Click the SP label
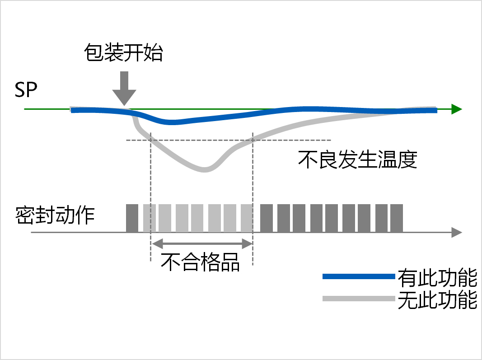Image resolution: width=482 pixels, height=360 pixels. pos(26,90)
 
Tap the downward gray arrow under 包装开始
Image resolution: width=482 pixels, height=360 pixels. pos(124,89)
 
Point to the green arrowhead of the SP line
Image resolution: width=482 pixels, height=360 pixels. pos(456,109)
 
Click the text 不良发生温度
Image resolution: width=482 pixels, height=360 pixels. pos(357,159)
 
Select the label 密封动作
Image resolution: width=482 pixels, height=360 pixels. pos(55,215)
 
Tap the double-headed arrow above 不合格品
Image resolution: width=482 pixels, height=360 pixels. pos(201,244)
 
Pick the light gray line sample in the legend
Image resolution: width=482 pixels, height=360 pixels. pos(359,298)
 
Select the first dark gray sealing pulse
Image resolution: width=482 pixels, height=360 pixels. pos(132,218)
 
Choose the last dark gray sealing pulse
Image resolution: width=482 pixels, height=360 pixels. pos(396,218)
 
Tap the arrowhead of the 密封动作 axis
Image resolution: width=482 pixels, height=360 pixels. pos(457,233)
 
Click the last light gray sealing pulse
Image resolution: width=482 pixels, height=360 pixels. pos(246,218)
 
